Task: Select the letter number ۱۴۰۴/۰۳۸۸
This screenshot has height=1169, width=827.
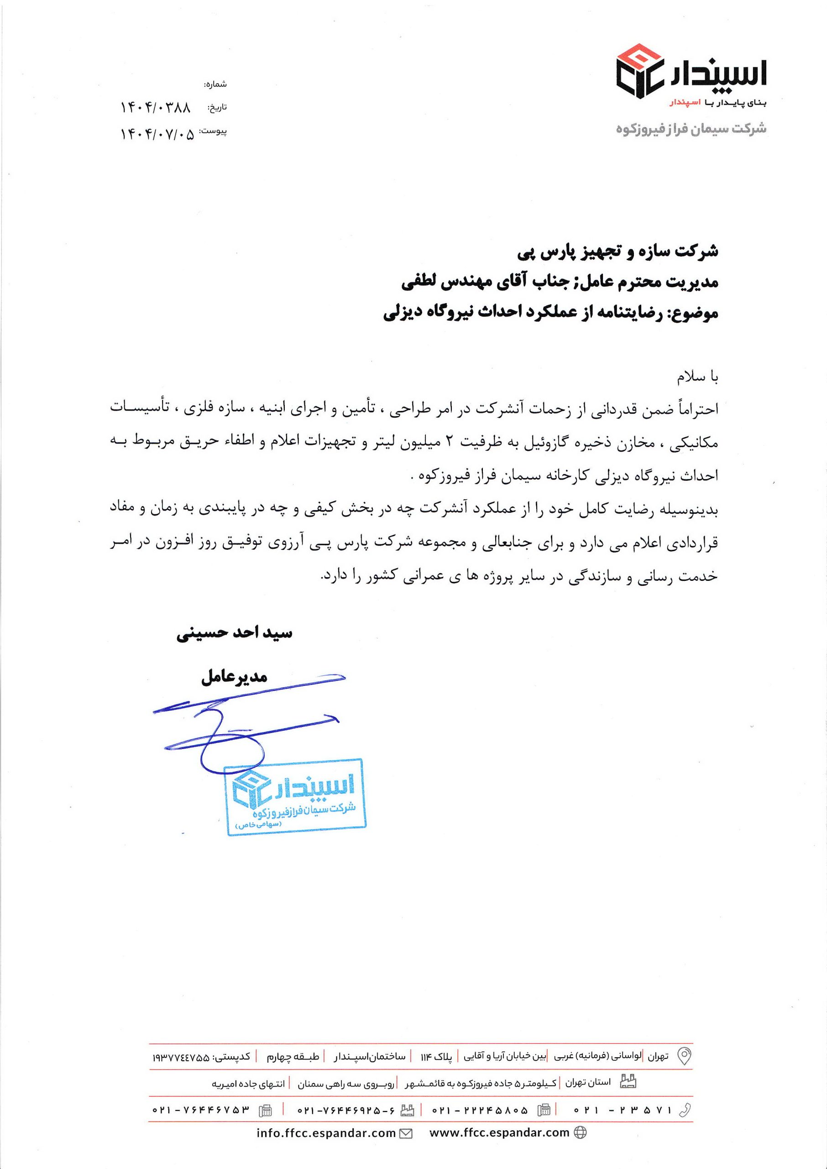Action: (x=155, y=108)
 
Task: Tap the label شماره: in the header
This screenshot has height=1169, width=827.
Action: (x=215, y=84)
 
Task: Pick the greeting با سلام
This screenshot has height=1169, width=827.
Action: (x=698, y=378)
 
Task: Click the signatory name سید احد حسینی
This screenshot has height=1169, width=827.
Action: (x=234, y=634)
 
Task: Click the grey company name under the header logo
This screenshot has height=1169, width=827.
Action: (x=691, y=129)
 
